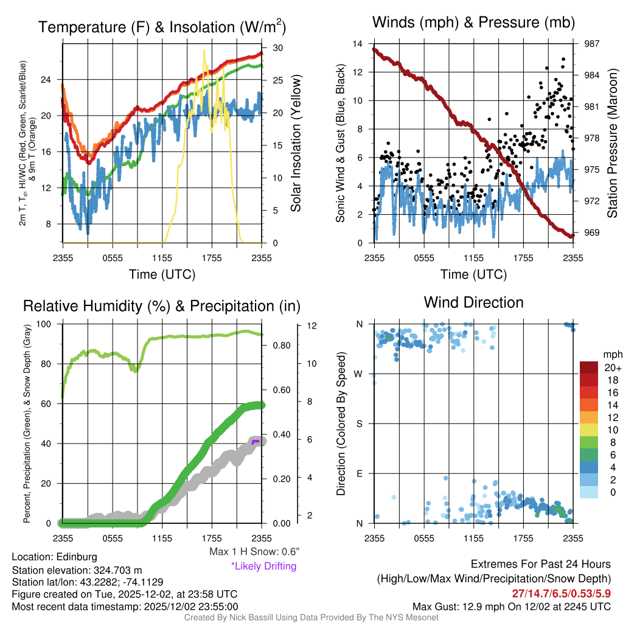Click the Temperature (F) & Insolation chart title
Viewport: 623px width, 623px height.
click(162, 27)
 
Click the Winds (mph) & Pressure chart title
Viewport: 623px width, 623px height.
click(474, 23)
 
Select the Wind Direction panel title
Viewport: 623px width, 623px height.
click(473, 302)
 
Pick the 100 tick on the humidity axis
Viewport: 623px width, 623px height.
click(50, 324)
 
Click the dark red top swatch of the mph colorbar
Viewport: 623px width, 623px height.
click(590, 367)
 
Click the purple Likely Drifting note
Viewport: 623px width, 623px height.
click(263, 566)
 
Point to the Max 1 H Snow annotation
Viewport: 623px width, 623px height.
click(254, 552)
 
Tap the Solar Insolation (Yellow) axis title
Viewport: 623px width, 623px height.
click(297, 144)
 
